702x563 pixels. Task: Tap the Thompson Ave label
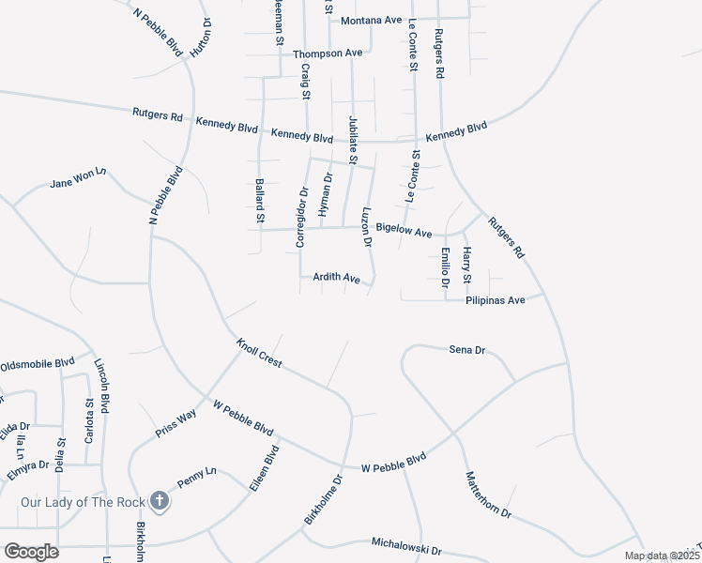click(x=328, y=54)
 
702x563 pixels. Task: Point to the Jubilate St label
click(x=353, y=142)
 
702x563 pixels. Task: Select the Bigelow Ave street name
click(x=404, y=230)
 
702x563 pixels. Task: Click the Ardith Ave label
click(x=337, y=279)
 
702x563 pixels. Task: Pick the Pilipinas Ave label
click(x=495, y=301)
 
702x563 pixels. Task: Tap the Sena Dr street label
click(x=466, y=350)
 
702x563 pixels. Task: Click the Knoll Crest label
click(x=259, y=354)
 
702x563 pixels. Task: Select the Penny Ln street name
click(x=197, y=479)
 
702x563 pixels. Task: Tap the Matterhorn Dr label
click(x=488, y=495)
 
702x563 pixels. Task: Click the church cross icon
click(x=159, y=501)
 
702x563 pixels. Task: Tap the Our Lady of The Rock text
click(x=83, y=502)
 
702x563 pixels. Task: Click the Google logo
click(x=31, y=552)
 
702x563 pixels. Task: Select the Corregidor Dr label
click(x=302, y=218)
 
